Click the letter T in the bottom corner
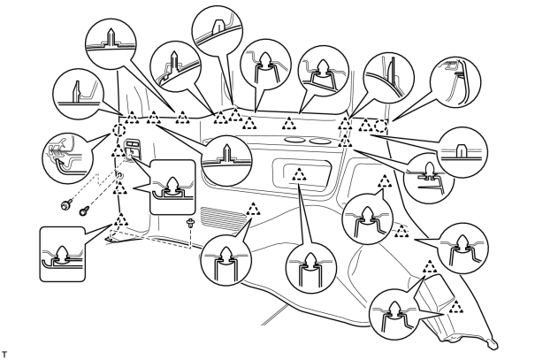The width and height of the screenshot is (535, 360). pos(4,353)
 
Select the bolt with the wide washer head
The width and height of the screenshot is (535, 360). pos(65,205)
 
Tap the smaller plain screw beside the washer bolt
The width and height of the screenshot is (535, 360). pos(84,211)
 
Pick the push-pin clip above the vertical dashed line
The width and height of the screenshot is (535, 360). pos(190,224)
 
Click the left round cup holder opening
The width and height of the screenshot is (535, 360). pos(294,140)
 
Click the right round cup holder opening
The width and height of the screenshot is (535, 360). pos(321,141)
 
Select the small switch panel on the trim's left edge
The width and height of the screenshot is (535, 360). pos(131,148)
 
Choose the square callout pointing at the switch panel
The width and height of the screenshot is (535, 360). pos(172,187)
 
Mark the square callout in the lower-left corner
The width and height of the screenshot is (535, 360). pos(62,254)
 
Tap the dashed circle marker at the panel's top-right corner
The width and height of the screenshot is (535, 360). pos(381,126)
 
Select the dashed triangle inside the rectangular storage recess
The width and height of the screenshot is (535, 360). pos(300,174)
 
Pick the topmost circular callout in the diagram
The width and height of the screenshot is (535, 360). pos(218,29)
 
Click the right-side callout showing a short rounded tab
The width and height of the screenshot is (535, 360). pos(462,152)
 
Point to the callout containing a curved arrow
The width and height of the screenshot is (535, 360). pos(67,157)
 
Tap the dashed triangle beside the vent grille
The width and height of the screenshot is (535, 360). pos(253,209)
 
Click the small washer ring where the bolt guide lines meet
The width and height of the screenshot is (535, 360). pos(119,175)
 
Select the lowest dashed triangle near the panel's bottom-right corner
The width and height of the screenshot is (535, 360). pos(456,307)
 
